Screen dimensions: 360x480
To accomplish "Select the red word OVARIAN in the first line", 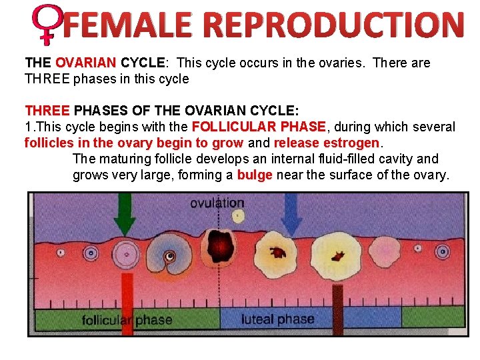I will click(86, 63).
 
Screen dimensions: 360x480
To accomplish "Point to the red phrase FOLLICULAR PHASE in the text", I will click(259, 127).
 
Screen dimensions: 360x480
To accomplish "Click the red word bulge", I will click(255, 175).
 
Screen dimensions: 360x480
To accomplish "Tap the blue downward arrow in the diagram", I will click(291, 213).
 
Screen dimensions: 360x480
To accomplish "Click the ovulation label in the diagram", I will click(217, 203).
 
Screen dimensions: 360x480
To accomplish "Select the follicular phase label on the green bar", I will click(127, 319).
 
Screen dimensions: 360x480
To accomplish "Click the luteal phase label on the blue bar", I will click(277, 319).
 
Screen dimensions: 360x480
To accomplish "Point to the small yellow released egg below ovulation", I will click(237, 216).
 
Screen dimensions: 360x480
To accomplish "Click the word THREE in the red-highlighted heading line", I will click(47, 111).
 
